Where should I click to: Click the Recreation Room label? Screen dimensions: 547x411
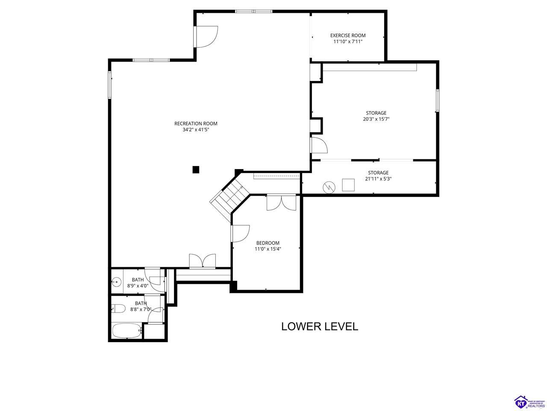pos(196,124)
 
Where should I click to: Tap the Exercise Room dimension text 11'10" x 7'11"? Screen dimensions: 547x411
pos(348,42)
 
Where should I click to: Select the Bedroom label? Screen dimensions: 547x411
pos(268,243)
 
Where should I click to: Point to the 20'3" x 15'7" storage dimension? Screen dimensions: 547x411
pos(376,119)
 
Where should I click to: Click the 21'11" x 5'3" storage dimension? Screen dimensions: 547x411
pos(378,179)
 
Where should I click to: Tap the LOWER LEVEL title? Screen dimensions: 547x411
pos(320,326)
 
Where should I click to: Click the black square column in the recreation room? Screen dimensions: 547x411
pos(196,170)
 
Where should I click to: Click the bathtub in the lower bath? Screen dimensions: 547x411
pos(127,331)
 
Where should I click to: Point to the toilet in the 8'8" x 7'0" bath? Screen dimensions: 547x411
pos(119,309)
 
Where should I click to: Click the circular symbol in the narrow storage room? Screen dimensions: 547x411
pos(329,187)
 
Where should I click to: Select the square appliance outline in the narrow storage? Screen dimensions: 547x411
pos(348,185)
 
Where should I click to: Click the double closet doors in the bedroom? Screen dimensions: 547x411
pos(281,203)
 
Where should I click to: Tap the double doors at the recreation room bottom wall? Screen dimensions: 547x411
pos(203,261)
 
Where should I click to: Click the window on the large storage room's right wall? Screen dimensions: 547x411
pos(437,100)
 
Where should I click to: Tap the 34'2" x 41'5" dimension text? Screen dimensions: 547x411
pos(196,130)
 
